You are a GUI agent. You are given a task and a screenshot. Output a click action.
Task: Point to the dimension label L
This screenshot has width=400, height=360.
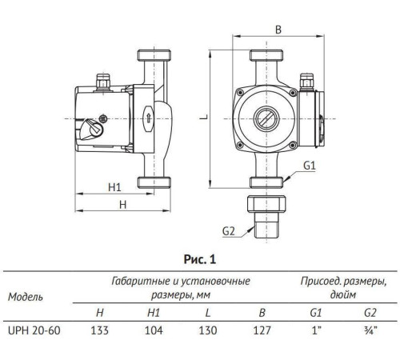(x=203, y=115)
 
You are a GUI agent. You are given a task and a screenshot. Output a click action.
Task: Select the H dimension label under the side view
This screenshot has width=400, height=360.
(x=122, y=205)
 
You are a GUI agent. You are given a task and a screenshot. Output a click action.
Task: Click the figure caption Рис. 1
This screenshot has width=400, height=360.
(x=199, y=258)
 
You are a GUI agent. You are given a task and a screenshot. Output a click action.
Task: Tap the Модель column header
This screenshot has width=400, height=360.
(x=26, y=296)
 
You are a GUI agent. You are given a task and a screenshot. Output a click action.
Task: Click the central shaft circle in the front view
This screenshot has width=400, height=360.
(x=266, y=115)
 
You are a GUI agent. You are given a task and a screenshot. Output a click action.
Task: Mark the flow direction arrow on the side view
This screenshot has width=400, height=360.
(x=146, y=114)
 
